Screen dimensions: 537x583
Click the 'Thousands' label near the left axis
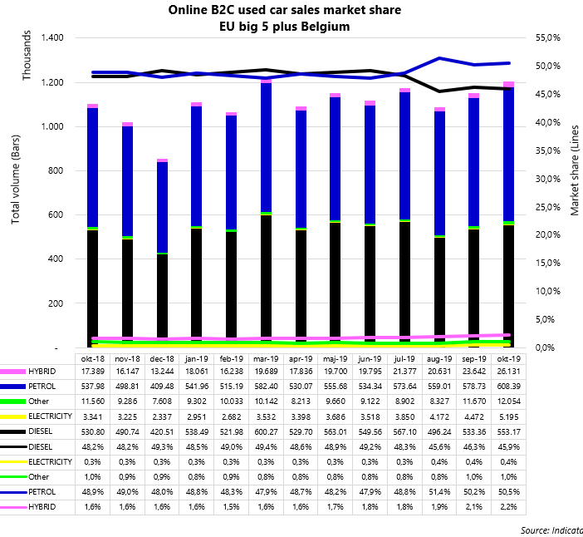(x=26, y=57)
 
